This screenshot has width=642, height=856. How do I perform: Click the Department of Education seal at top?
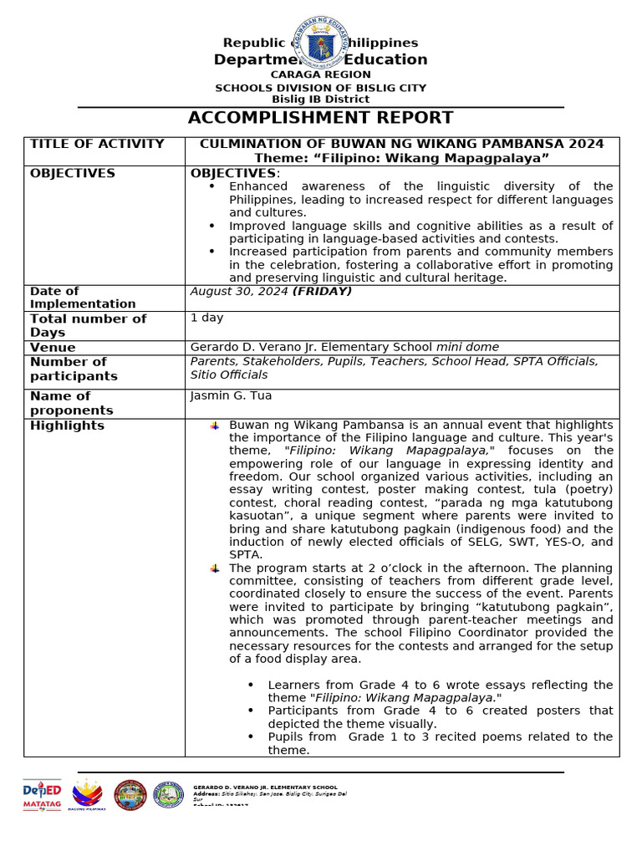320,42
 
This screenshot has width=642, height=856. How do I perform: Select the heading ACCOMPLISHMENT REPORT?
320,118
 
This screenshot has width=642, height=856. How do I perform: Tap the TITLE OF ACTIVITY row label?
97,144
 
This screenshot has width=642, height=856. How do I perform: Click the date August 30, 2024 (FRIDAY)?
271,292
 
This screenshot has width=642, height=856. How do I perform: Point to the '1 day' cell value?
206,318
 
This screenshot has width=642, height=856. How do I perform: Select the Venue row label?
53,348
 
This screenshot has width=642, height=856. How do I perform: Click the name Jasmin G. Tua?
231,395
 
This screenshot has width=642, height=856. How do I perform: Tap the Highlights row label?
67,425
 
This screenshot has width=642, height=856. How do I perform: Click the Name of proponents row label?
71,403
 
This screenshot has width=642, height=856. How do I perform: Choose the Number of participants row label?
74,369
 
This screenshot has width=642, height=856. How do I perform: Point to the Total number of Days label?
88,325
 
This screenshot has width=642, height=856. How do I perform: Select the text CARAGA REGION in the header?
320,74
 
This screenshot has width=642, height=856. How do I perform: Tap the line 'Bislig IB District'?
320,99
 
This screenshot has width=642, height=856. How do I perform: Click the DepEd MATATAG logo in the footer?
42,795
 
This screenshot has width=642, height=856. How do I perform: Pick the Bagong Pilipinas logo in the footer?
88,795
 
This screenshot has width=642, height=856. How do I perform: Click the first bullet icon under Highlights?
215,425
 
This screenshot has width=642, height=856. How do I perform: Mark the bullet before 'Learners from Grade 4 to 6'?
252,685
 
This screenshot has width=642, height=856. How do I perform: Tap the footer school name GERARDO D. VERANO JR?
265,787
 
